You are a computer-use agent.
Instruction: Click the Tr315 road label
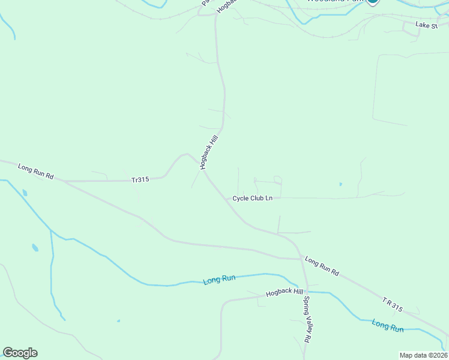(x=140, y=179)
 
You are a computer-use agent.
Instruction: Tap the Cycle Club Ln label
(x=253, y=198)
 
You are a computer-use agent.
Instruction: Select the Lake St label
(x=427, y=25)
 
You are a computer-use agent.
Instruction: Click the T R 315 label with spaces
(x=392, y=304)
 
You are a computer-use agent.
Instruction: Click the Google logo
(x=20, y=353)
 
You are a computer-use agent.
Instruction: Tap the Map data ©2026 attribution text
(x=423, y=355)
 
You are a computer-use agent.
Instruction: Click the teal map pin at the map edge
(x=373, y=2)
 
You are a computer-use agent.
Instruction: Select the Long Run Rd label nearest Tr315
(x=36, y=172)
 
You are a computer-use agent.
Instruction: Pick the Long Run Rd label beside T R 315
(x=321, y=266)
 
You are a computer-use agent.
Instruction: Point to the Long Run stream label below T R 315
(x=387, y=326)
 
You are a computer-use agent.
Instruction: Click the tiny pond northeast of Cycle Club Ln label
(x=340, y=184)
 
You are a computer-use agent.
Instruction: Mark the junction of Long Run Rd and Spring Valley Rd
(x=302, y=259)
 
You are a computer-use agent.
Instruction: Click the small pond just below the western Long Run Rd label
(x=25, y=193)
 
